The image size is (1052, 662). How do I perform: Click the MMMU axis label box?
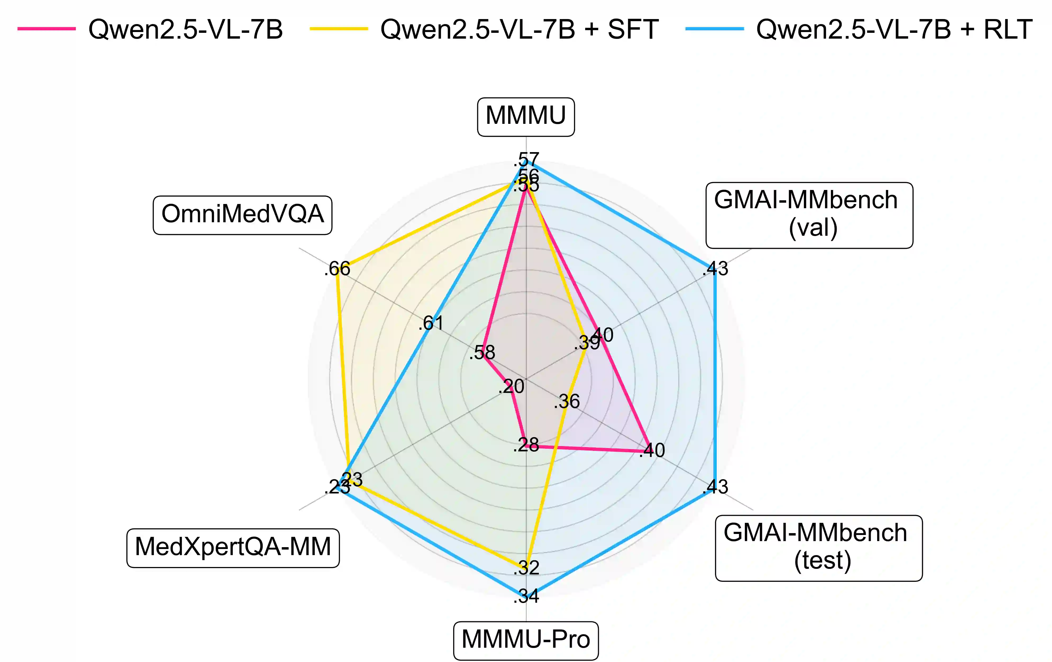click(526, 117)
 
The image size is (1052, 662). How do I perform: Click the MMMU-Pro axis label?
click(526, 640)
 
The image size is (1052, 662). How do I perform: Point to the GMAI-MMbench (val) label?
click(809, 215)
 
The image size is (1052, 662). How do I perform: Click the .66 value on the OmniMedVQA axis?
click(337, 269)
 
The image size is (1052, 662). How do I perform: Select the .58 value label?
click(482, 353)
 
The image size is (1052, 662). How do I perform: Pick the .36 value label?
click(567, 402)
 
